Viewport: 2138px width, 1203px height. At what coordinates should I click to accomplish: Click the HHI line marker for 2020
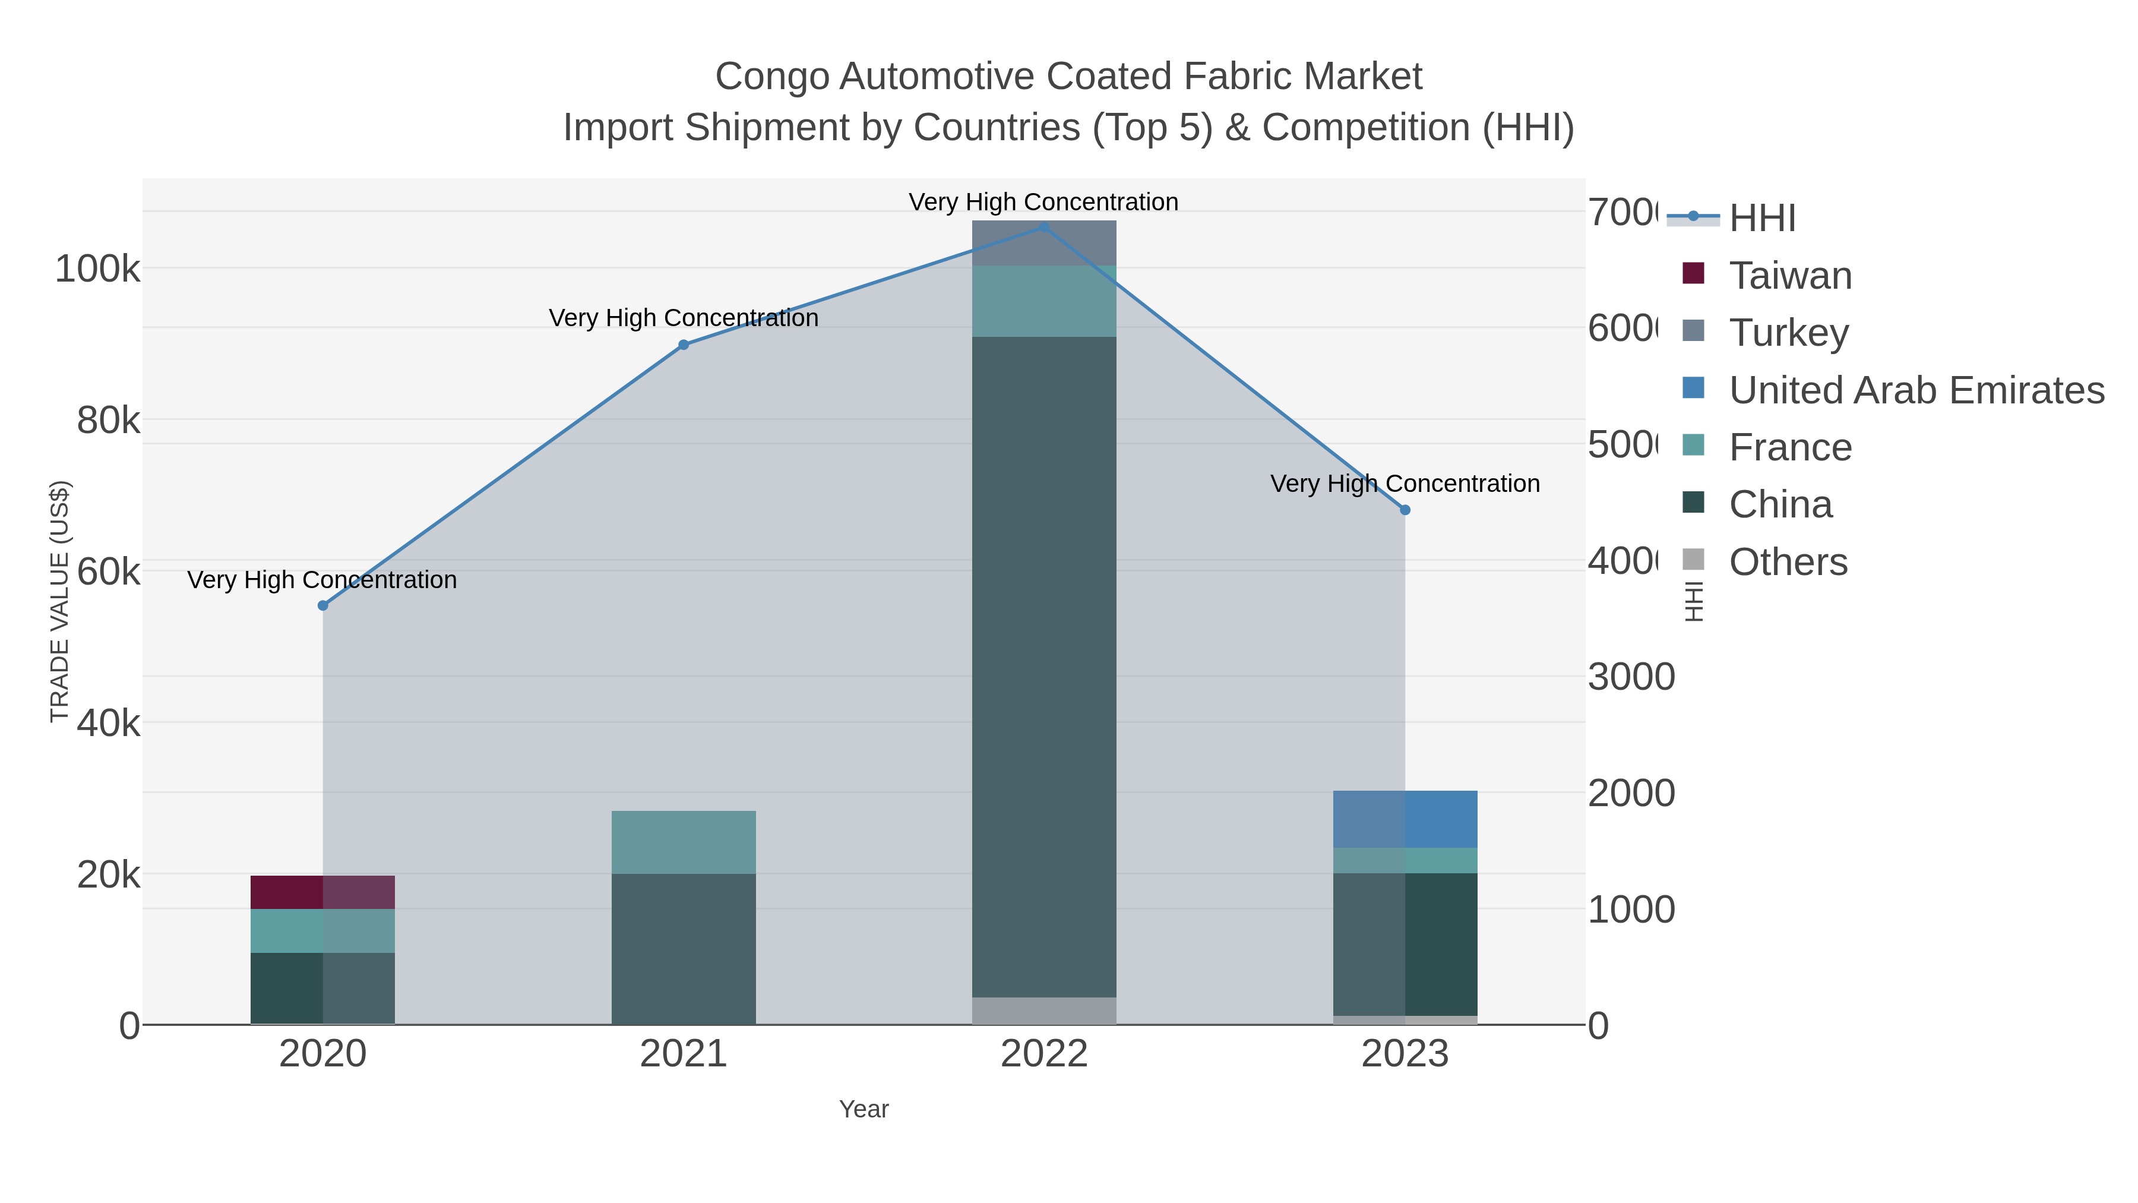coord(323,605)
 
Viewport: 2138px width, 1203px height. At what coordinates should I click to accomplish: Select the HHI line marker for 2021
coord(683,345)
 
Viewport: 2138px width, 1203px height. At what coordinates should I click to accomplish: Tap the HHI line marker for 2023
coord(1405,510)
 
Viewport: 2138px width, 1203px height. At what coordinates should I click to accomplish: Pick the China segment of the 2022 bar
coord(1043,664)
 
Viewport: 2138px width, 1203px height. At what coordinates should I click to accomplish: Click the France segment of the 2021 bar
coord(683,841)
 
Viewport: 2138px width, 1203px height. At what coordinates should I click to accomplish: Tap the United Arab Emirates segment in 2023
coord(1405,819)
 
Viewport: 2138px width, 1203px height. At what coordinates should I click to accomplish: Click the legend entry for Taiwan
coord(1789,276)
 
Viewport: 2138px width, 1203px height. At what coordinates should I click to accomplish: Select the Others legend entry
coord(1788,562)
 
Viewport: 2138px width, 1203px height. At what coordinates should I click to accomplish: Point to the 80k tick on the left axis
coord(108,420)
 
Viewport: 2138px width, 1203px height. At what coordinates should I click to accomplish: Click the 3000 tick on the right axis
coord(1631,677)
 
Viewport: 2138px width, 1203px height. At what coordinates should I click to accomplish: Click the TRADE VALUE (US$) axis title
coord(60,601)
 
